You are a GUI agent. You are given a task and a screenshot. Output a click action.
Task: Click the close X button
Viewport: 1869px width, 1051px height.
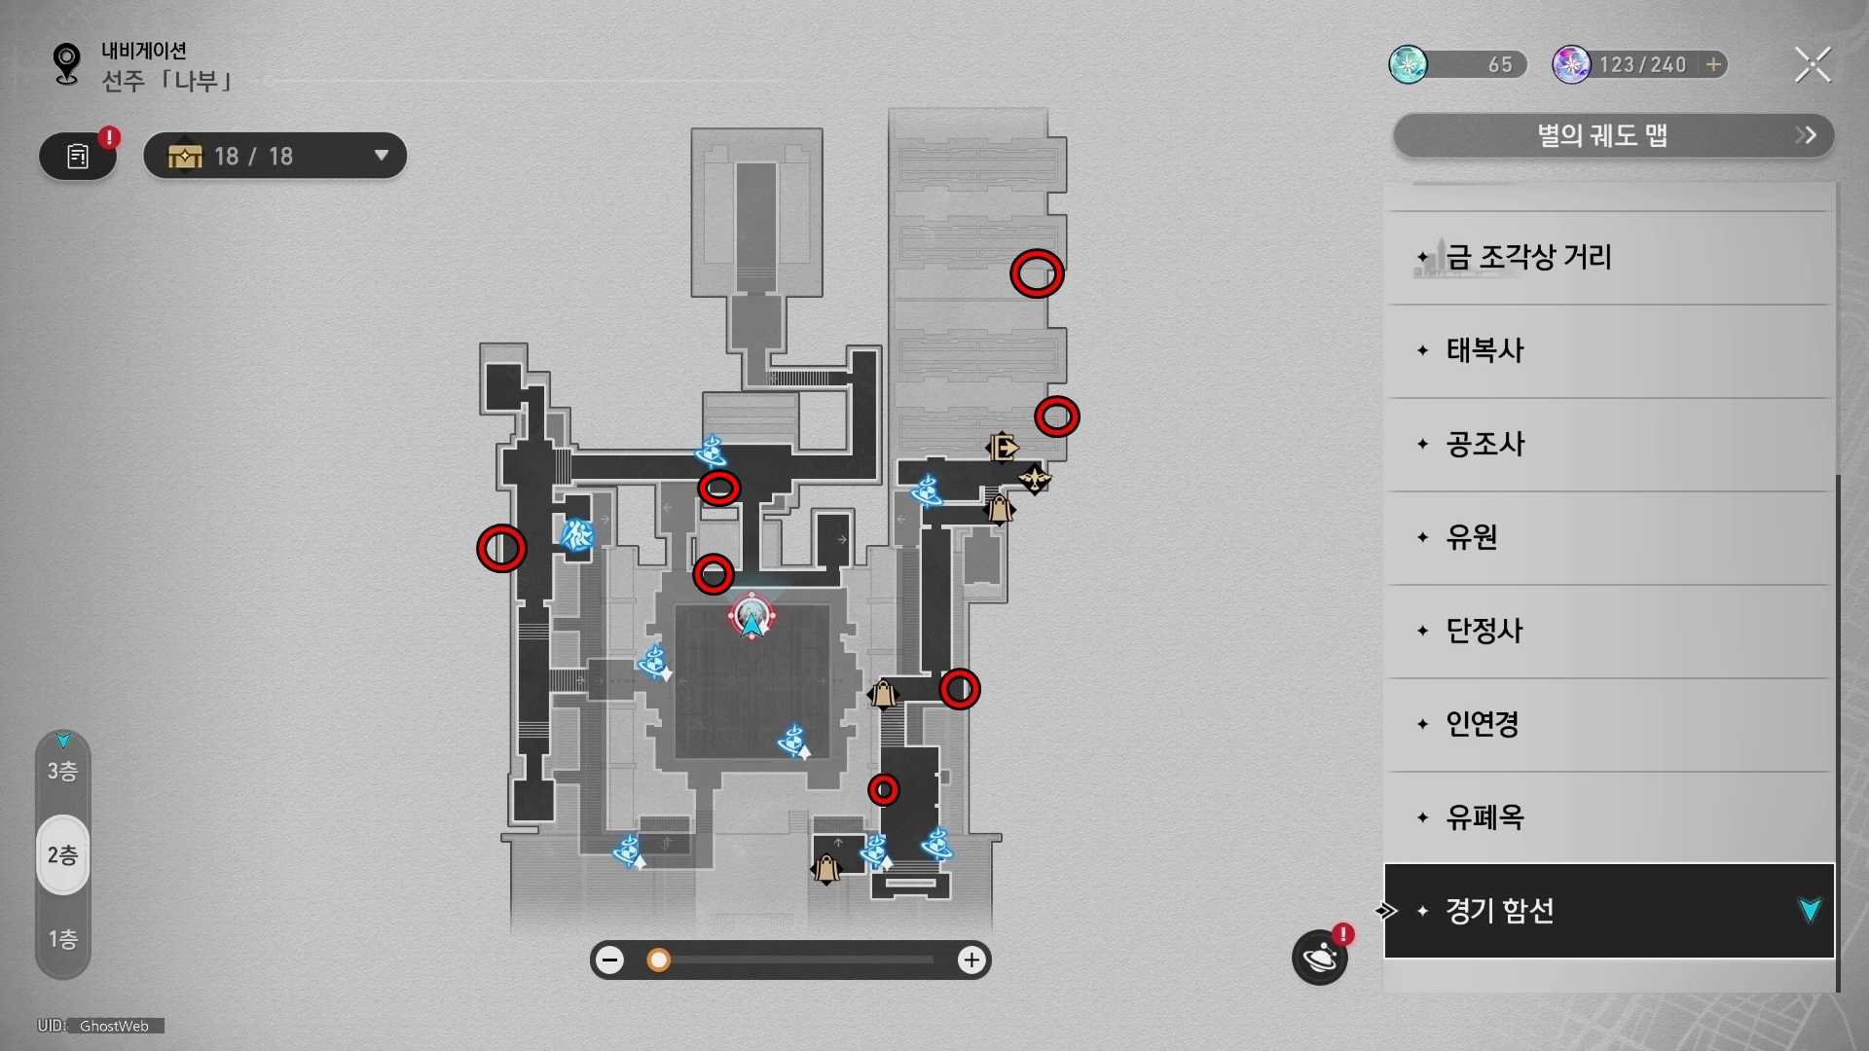[x=1813, y=65]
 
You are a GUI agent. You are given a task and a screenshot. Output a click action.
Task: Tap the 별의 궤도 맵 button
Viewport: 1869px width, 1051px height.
[x=1613, y=135]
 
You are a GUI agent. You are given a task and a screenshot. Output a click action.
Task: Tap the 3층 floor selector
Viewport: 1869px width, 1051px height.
[x=63, y=771]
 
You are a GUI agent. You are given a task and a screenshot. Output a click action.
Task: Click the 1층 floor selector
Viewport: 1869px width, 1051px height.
[x=63, y=939]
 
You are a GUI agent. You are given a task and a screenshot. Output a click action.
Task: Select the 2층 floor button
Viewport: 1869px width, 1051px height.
[x=63, y=855]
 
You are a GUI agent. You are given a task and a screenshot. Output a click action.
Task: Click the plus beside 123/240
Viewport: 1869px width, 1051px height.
[x=1713, y=64]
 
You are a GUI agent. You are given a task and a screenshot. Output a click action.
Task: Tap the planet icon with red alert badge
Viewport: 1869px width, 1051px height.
[x=1320, y=958]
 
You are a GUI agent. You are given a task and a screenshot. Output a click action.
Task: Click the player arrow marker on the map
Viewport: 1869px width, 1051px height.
[x=751, y=620]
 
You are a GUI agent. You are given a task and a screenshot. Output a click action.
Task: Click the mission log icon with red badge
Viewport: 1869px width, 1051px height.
[x=78, y=156]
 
